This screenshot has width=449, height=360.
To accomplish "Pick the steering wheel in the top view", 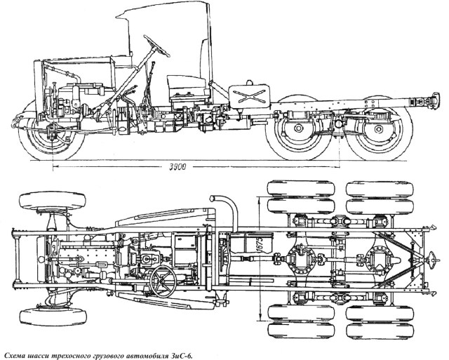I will point(165,281).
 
